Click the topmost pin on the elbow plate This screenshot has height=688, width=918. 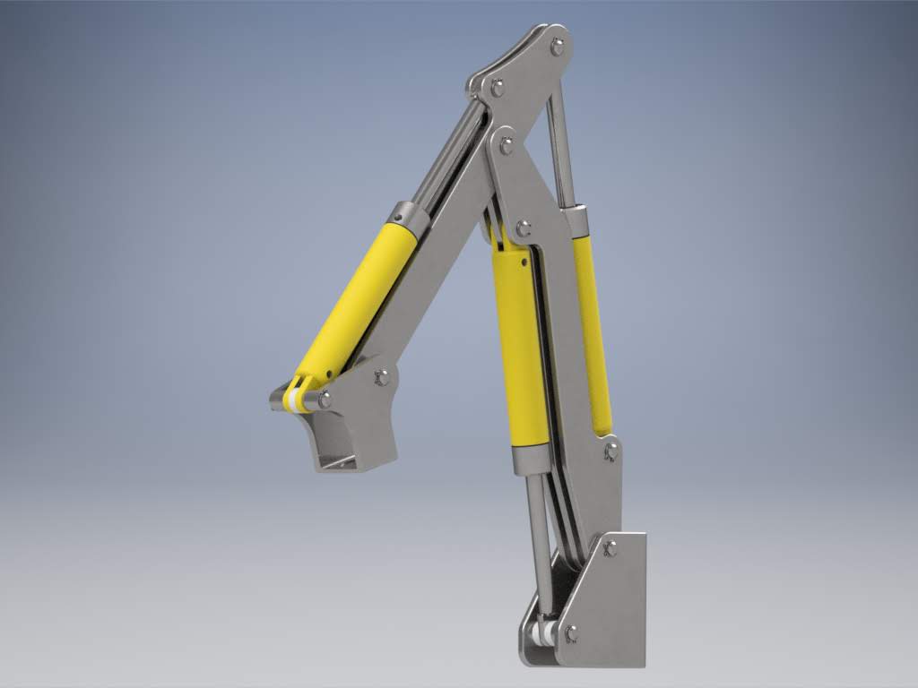(558, 46)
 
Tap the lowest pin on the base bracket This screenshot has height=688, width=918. (571, 633)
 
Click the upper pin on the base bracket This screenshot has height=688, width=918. (611, 548)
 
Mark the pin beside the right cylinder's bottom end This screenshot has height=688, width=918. (611, 451)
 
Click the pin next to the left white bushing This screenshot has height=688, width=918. (324, 400)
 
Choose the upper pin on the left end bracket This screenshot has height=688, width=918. (382, 377)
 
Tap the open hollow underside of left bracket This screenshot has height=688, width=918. (339, 460)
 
